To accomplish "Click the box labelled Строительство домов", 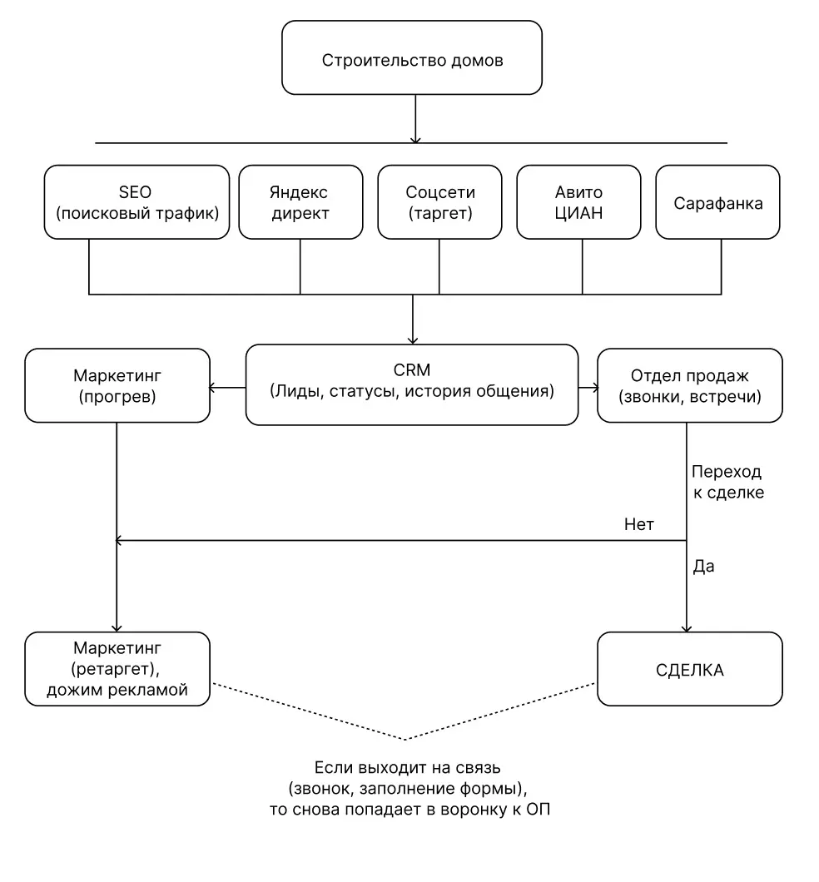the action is coord(412,57).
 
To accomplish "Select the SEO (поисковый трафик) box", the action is coord(136,202).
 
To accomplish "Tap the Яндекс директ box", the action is coord(300,202).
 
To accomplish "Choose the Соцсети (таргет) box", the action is coord(439,202).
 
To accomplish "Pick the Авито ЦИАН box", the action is coord(578,202).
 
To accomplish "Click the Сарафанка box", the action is coord(717,202).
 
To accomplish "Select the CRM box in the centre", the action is coord(412,384).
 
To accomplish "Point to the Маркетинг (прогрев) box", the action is coord(117,385).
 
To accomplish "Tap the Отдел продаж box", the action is coord(690,385).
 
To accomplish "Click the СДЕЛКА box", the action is coord(690,669).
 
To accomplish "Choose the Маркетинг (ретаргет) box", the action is coord(117,669).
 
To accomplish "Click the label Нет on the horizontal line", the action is coord(639,524).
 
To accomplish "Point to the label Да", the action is coord(703,567).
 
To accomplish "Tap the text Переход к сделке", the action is coord(727,482).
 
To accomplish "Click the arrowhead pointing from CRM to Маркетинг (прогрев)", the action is coord(212,388).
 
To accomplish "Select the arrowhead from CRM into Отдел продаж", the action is coord(594,388).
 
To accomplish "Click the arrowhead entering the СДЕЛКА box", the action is coord(687,628).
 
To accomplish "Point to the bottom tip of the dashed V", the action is coord(405,739).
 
